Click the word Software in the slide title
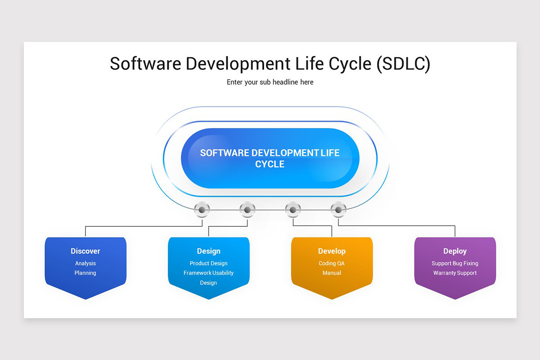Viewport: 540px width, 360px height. pos(144,64)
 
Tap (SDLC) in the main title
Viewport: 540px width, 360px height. pos(403,64)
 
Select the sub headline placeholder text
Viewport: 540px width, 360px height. pos(270,82)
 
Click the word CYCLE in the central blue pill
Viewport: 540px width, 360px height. pos(270,164)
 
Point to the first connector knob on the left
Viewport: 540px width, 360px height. pos(202,210)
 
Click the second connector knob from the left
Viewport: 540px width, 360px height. pos(247,210)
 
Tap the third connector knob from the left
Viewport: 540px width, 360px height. pos(293,210)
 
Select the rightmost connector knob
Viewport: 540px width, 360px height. pos(338,210)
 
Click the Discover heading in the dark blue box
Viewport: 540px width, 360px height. pos(85,251)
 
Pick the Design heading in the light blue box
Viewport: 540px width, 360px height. pos(209,251)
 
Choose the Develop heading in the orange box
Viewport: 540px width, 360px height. pos(332,251)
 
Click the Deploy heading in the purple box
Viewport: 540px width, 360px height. pos(455,251)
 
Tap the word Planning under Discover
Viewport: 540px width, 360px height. pos(85,273)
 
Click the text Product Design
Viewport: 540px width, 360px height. pos(209,264)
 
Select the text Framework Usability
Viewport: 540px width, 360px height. pos(209,273)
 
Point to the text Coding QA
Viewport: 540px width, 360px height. pos(332,264)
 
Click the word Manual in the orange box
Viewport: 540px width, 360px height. pos(332,273)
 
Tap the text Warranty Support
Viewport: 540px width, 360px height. pos(455,273)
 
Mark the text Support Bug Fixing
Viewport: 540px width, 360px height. pos(455,264)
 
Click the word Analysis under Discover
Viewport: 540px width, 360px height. pos(85,264)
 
